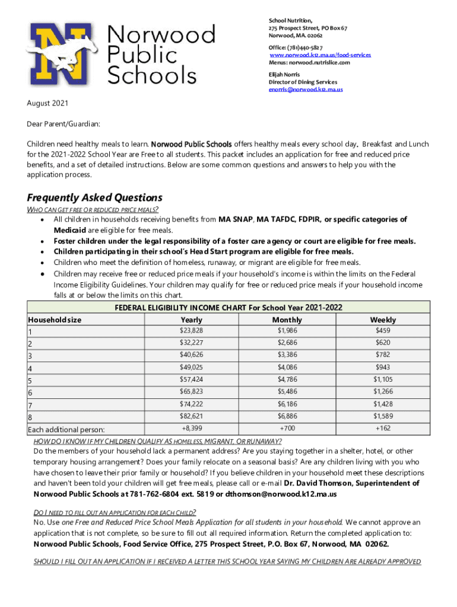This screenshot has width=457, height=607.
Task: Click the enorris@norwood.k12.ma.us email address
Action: [x=306, y=90]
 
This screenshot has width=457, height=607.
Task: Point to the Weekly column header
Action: [x=382, y=320]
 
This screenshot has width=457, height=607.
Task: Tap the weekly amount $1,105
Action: [x=383, y=379]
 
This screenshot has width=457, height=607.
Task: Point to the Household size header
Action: [x=55, y=320]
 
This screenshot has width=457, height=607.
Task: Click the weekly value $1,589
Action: [x=383, y=416]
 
